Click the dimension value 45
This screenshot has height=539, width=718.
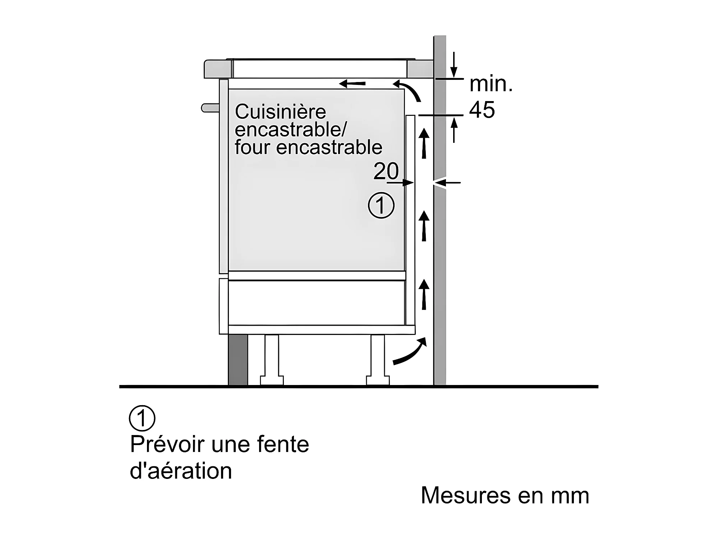482,109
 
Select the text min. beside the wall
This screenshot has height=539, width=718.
491,84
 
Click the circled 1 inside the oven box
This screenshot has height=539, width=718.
381,205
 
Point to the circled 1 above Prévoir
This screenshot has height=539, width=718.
142,418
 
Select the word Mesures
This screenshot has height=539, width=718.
466,495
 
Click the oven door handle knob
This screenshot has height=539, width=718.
210,108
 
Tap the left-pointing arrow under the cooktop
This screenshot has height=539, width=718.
352,84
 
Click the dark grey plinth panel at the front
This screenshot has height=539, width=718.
238,359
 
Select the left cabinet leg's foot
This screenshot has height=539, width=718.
272,380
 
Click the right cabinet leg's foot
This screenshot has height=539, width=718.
378,380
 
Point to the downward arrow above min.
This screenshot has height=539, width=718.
454,65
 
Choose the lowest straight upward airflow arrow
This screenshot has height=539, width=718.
424,294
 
